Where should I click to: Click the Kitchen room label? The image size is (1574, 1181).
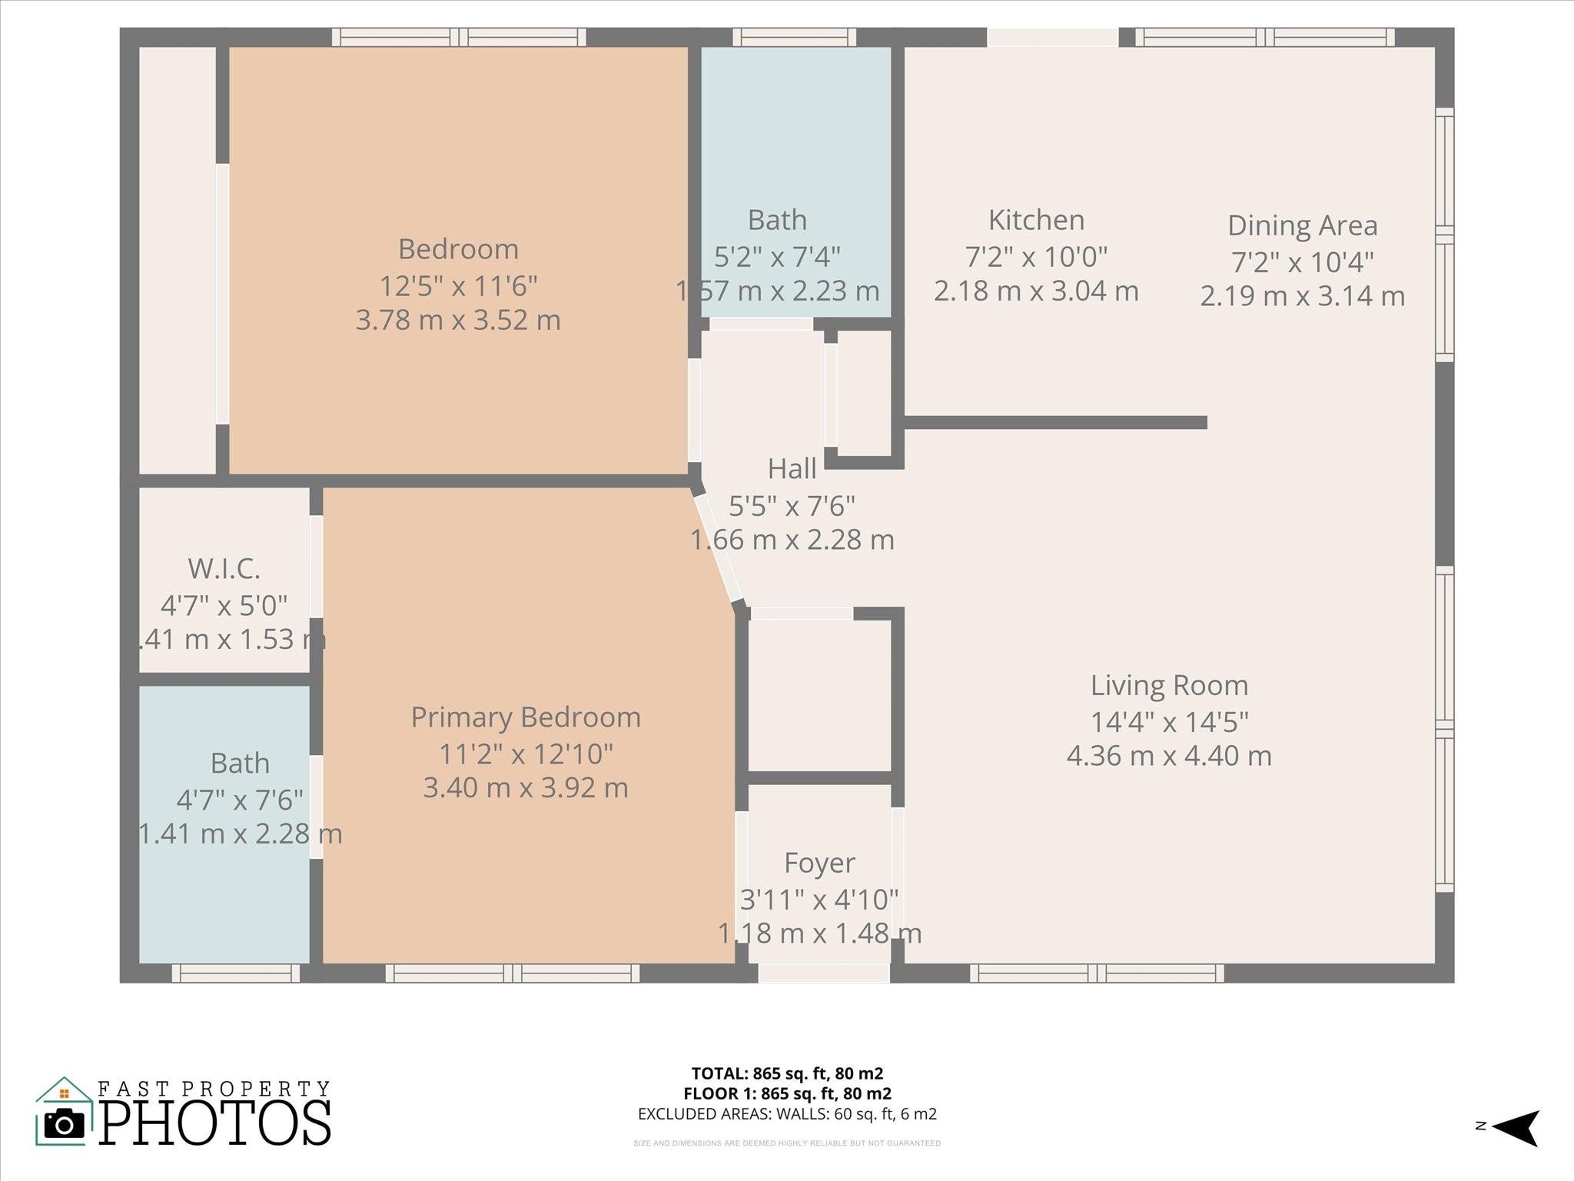coord(1036,221)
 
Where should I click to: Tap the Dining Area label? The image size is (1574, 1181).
coord(1302,226)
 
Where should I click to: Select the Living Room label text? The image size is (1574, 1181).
coord(1169,686)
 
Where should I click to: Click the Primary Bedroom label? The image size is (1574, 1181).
coord(526,717)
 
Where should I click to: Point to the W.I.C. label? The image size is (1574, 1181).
coord(224,569)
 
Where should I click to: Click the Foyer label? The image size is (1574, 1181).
coord(819,863)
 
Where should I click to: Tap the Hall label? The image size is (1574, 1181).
coord(792,469)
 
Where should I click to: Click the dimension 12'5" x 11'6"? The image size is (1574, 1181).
coord(458,286)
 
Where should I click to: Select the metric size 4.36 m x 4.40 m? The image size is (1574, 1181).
coord(1169,756)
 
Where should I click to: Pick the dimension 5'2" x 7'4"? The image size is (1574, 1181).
coord(777,256)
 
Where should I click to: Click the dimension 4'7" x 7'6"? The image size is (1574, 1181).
coord(240,800)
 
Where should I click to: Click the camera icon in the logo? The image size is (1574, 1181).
coord(65,1124)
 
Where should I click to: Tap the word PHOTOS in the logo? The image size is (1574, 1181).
coord(215,1124)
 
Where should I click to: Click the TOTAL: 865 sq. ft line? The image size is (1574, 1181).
coord(787,1073)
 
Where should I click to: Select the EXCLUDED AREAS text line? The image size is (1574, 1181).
coord(787,1114)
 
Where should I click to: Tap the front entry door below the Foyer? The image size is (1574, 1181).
coord(824,973)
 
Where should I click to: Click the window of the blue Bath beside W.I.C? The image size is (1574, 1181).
coord(235,973)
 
